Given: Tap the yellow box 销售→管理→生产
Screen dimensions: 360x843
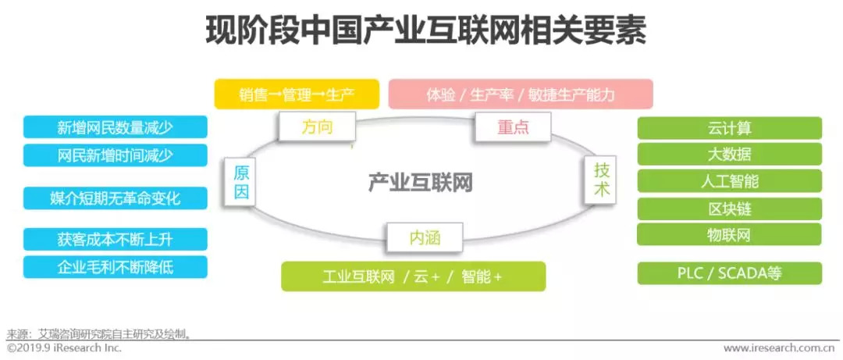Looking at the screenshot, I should (297, 94).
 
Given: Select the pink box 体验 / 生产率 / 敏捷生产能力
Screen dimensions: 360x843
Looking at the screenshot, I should (521, 94).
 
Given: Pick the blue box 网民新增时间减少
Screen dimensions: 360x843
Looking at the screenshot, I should (116, 155).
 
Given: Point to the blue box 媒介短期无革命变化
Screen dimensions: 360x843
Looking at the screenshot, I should (116, 198).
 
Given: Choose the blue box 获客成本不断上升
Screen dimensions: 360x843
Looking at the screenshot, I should (116, 240).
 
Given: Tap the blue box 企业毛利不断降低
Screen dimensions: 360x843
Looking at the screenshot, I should (116, 267).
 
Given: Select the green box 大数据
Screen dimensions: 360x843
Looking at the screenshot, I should (729, 155).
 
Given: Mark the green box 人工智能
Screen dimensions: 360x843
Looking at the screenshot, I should (729, 181).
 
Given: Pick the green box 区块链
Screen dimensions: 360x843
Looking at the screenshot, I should (729, 209).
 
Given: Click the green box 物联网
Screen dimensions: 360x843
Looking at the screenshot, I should (729, 234).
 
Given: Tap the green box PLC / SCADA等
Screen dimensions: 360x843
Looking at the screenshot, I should (729, 273).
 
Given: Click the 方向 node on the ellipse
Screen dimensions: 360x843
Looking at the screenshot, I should (316, 126).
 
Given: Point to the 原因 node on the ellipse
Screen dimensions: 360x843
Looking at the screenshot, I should (241, 182).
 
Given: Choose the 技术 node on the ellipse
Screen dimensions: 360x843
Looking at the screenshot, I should (601, 180).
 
